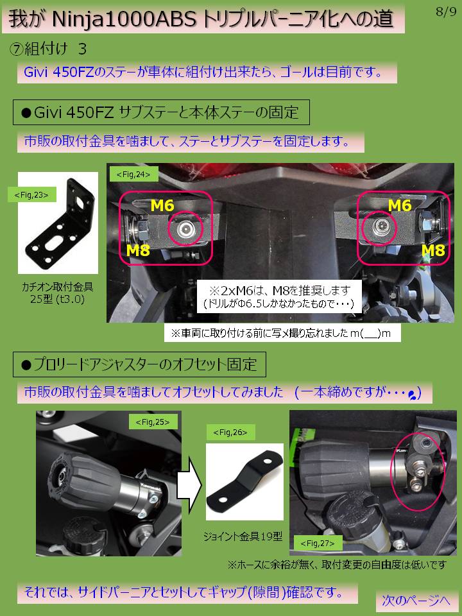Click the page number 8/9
pos(446,12)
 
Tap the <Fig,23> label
pos(31,194)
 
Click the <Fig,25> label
pos(153,422)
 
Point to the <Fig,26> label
pos(230,432)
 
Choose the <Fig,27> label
pos(318,543)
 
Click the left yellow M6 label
pos(162,205)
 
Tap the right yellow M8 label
pos(433,250)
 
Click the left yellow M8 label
pos(139,250)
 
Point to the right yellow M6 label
pos(400,205)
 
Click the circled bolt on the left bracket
pos(185,228)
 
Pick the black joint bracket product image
pos(244,481)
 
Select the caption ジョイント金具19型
pos(243,536)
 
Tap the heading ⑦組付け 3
pos(47,49)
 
